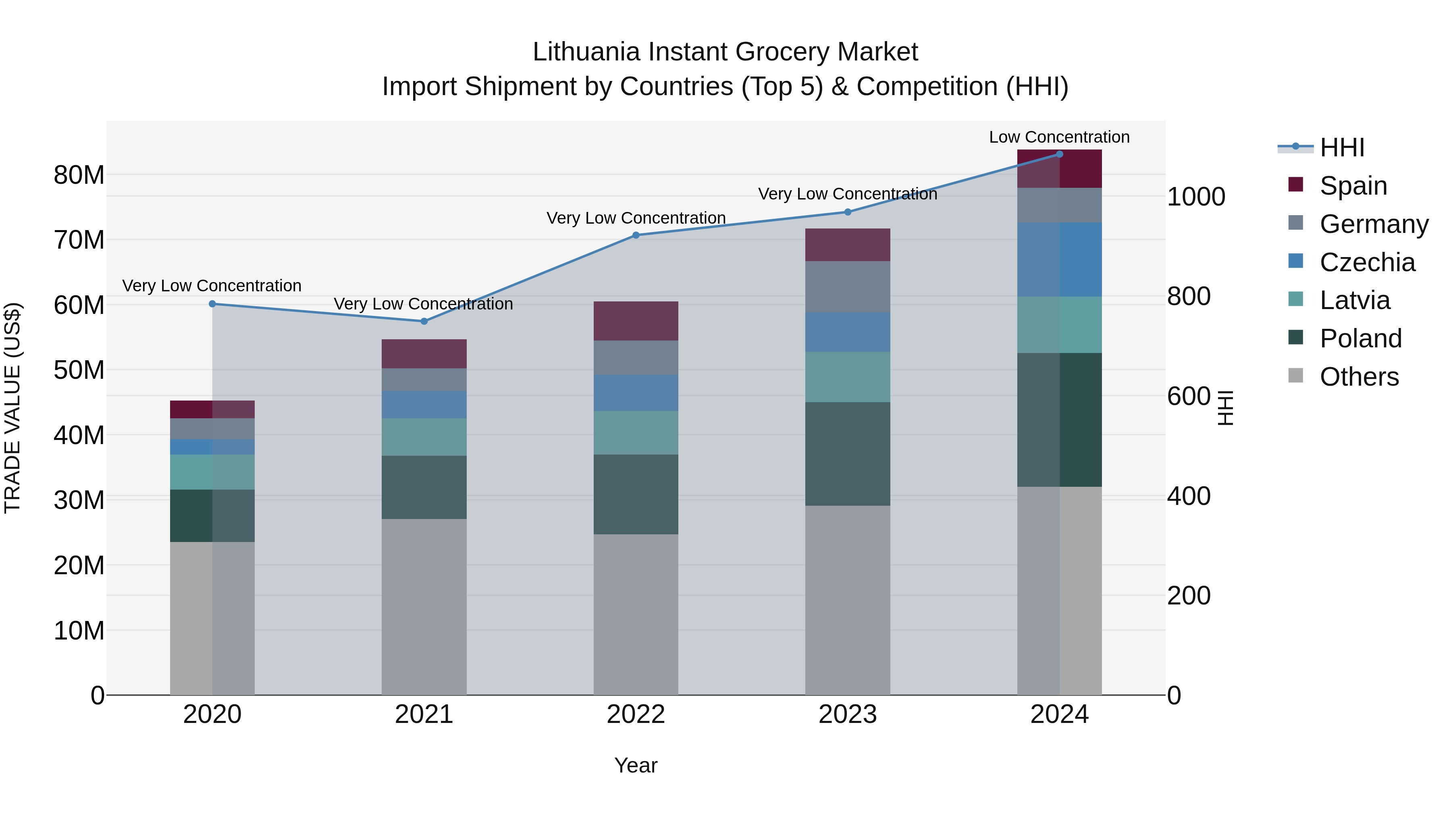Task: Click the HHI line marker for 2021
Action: point(424,322)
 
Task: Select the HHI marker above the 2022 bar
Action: point(636,235)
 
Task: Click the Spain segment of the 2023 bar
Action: point(848,245)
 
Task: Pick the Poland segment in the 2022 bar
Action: point(636,494)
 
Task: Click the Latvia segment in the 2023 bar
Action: point(848,377)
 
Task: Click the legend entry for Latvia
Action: point(1355,300)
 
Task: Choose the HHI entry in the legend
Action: point(1342,147)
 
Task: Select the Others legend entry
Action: point(1359,377)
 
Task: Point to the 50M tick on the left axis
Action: point(79,370)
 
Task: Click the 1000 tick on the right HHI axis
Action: point(1196,197)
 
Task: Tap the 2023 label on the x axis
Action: point(848,714)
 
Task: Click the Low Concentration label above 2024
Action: point(1059,137)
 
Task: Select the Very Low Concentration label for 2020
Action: point(212,286)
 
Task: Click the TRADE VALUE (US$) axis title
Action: point(13,408)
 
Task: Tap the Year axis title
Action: point(636,765)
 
